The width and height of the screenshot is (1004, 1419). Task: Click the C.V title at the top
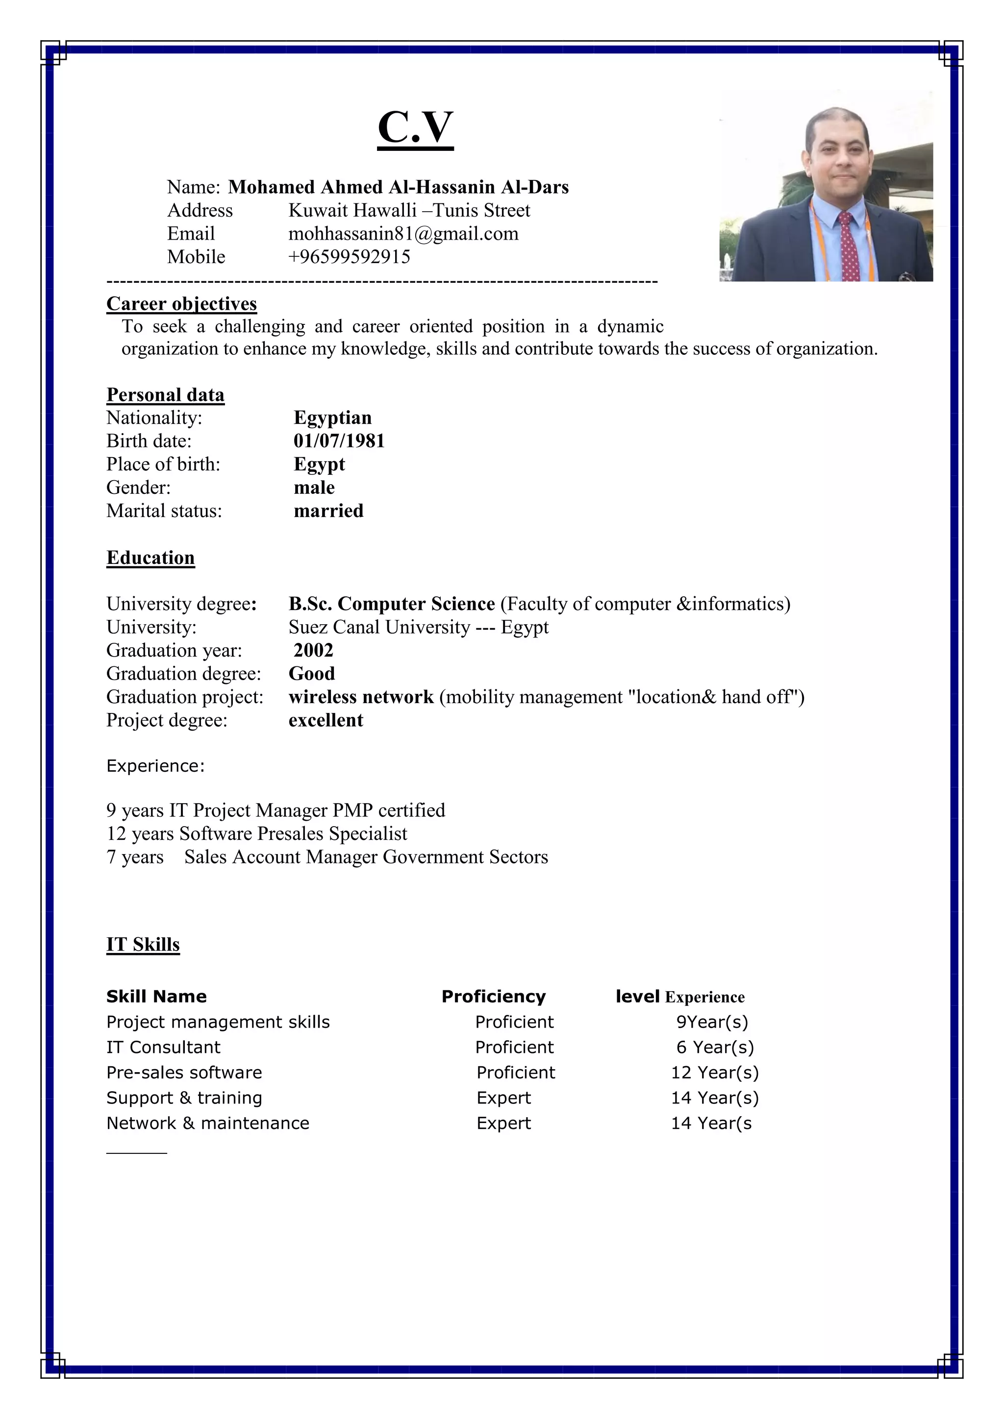click(x=415, y=127)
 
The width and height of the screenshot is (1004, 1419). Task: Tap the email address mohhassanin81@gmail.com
click(x=403, y=234)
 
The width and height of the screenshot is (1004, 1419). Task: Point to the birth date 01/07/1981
click(x=339, y=440)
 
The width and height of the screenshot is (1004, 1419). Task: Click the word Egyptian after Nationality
click(x=332, y=418)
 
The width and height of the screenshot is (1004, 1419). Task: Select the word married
click(x=328, y=511)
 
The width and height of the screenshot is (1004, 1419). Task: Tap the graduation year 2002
click(x=313, y=650)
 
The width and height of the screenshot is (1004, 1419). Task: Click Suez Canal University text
click(x=379, y=627)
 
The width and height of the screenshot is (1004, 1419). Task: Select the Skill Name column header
click(x=156, y=996)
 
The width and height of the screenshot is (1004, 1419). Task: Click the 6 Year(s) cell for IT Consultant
click(x=715, y=1047)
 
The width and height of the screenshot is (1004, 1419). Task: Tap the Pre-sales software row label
click(x=184, y=1072)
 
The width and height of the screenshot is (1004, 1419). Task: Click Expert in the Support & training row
click(x=503, y=1098)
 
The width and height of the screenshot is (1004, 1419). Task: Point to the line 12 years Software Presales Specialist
click(x=256, y=834)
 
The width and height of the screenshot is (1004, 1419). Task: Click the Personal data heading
click(x=165, y=395)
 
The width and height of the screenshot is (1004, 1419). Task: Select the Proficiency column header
click(x=493, y=996)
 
